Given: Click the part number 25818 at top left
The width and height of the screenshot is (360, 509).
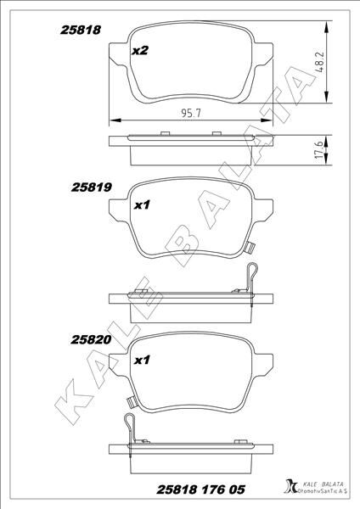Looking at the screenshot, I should pos(81,29).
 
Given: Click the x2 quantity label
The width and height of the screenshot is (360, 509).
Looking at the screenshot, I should pos(141,51).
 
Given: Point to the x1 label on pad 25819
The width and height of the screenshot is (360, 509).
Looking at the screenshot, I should pos(143,204).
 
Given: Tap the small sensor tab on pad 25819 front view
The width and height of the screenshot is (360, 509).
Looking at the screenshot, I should pos(250,248).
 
